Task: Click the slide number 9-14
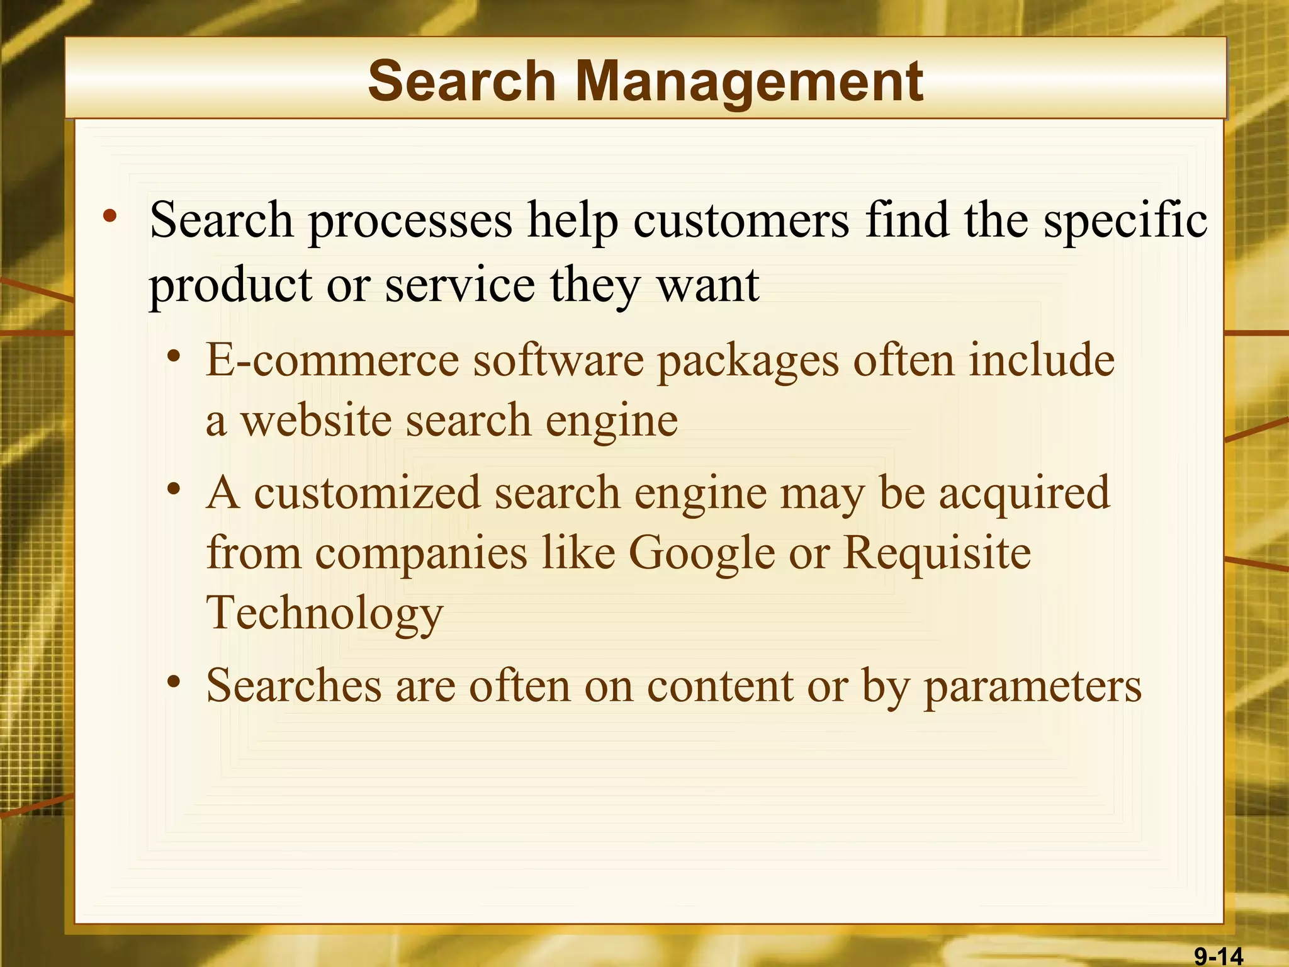click(x=1219, y=956)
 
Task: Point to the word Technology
click(x=325, y=613)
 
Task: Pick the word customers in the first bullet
click(x=741, y=220)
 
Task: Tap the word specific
click(x=1125, y=220)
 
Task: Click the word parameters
click(x=1032, y=686)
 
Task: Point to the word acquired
click(x=1024, y=493)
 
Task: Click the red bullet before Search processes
click(x=111, y=217)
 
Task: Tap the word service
click(x=460, y=285)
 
